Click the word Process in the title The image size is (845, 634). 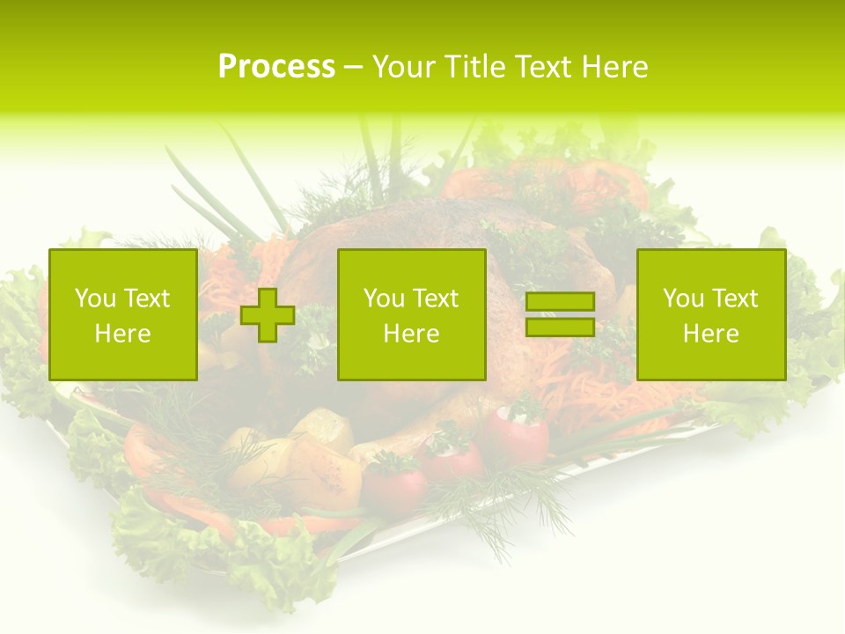(x=276, y=67)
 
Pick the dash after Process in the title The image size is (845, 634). (x=353, y=68)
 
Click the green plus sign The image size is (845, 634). (x=268, y=315)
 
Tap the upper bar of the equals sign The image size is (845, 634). (x=560, y=302)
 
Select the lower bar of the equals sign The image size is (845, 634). (x=560, y=327)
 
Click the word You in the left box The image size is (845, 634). (x=95, y=299)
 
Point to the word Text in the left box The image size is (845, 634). (x=146, y=299)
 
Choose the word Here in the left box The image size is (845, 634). (x=122, y=334)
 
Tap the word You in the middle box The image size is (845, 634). (x=384, y=299)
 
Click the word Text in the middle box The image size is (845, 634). (x=435, y=299)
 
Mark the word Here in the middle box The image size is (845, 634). (x=411, y=334)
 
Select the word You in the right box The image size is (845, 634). (x=683, y=299)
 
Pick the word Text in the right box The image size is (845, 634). (x=734, y=299)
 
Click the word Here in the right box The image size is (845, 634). (x=710, y=334)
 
